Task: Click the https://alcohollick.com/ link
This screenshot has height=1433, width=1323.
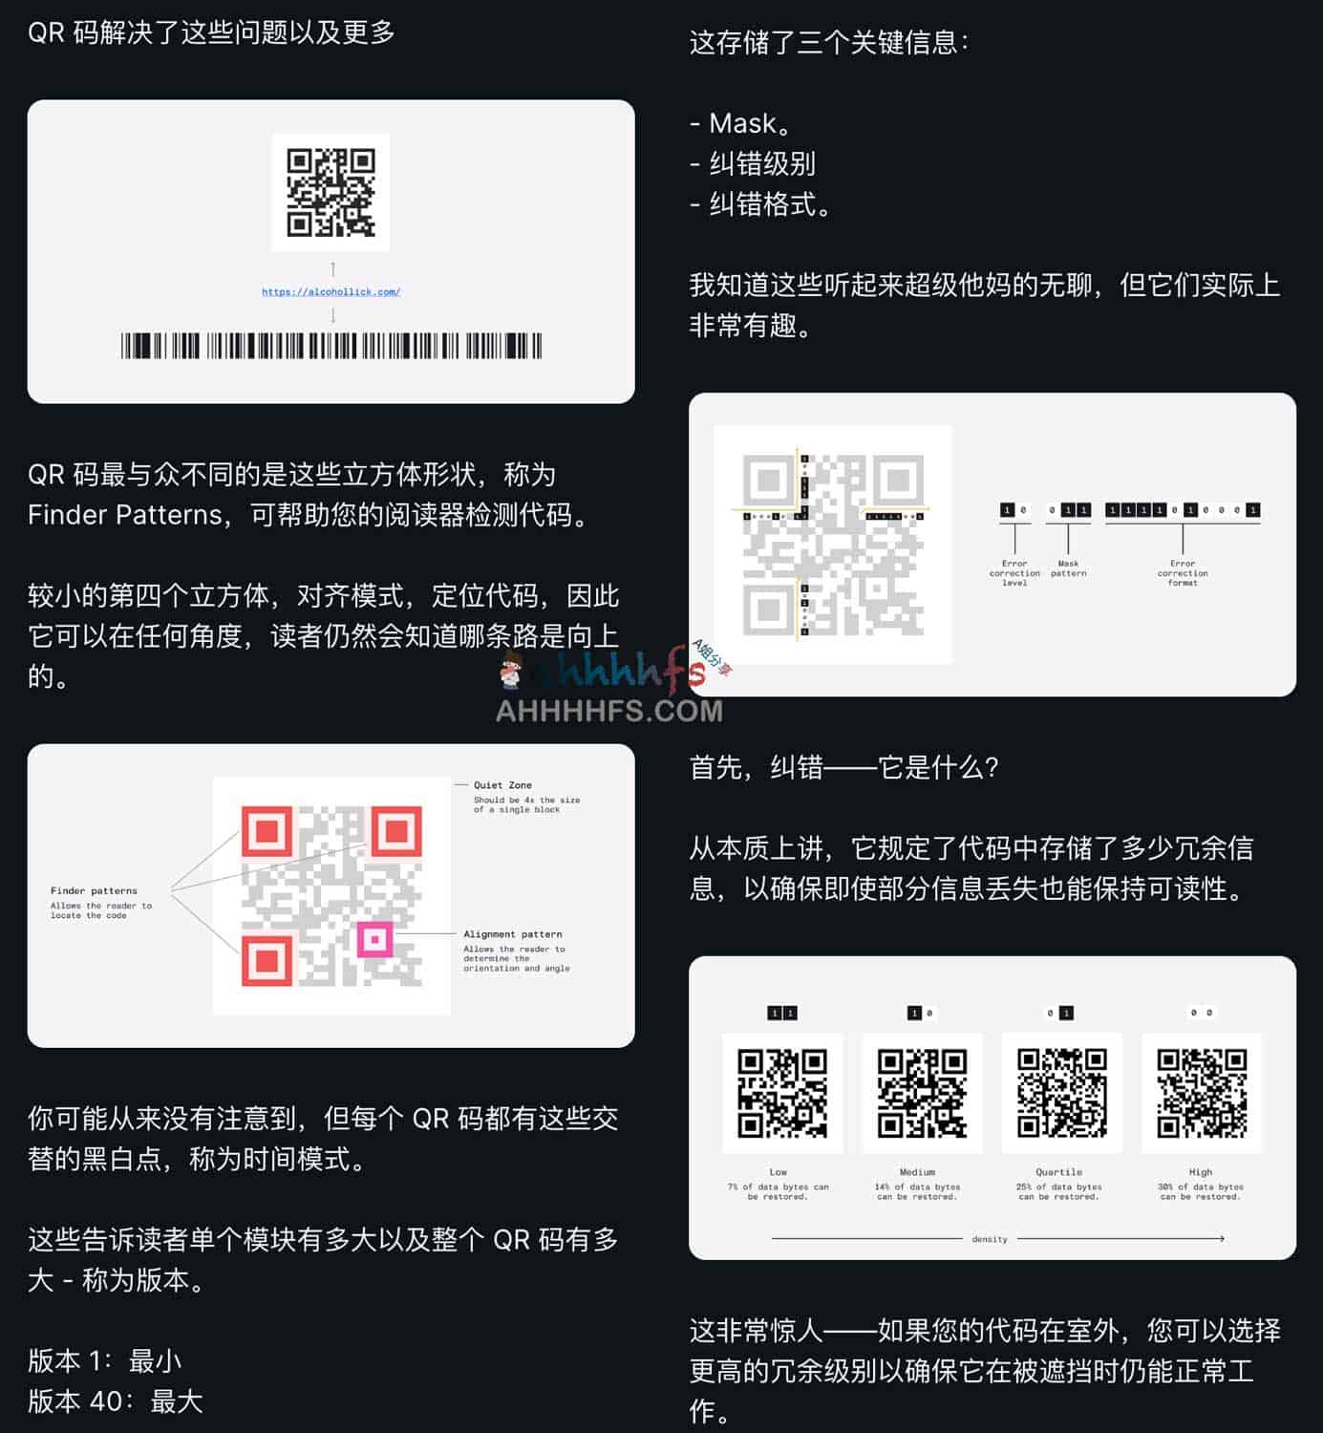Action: [331, 291]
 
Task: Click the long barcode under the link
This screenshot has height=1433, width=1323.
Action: [331, 346]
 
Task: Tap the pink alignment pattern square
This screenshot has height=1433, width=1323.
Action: [374, 940]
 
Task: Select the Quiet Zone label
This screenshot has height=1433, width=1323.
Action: [502, 785]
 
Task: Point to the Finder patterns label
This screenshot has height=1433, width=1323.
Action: [94, 890]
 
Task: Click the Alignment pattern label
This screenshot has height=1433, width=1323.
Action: [513, 934]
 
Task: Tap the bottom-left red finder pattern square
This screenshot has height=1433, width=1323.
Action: [267, 960]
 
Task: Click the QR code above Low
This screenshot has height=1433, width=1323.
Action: [782, 1093]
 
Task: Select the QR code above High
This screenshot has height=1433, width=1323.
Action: [1202, 1093]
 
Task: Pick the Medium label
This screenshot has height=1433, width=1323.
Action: [917, 1172]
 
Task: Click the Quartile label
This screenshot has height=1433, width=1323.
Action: [1058, 1172]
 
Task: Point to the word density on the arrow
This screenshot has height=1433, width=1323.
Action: [990, 1239]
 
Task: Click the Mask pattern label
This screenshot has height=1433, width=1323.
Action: [1068, 568]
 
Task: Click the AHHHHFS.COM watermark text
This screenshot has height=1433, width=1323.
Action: [609, 711]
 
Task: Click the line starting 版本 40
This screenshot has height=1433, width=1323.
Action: [116, 1401]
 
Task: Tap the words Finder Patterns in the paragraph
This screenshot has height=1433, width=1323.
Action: [125, 515]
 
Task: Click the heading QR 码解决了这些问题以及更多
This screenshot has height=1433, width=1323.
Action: [211, 32]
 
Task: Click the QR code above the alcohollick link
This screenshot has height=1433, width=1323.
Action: [331, 192]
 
